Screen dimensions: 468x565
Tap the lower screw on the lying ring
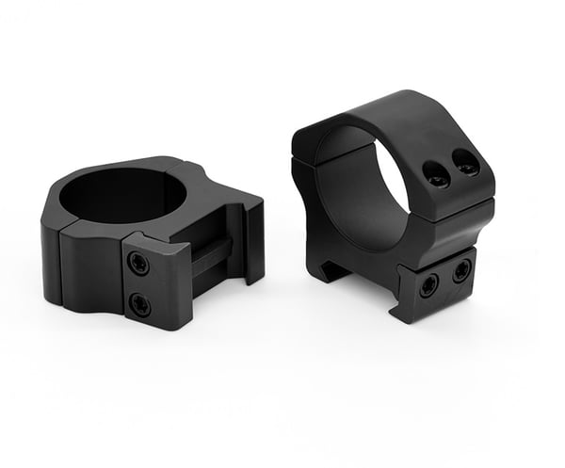pyautogui.click(x=139, y=304)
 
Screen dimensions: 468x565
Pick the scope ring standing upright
pyautogui.click(x=395, y=198)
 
